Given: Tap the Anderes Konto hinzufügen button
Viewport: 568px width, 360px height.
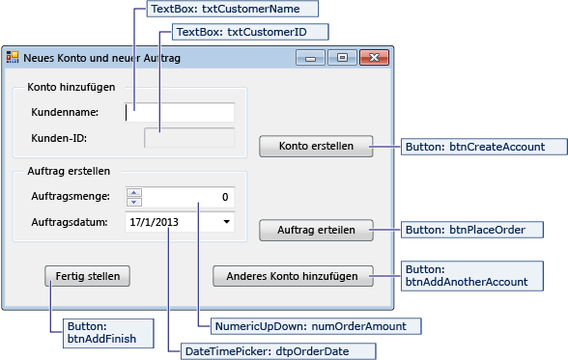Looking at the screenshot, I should click(x=292, y=275).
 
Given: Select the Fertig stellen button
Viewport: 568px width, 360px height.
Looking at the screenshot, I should click(x=87, y=275).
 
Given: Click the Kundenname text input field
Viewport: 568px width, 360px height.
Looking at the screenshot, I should click(x=181, y=112).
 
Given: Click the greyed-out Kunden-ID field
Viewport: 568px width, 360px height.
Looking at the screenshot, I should click(x=188, y=138).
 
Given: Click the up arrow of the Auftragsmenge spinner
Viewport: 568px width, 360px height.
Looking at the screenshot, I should click(x=134, y=192).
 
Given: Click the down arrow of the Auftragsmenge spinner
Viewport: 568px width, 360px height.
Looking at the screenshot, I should click(x=134, y=202).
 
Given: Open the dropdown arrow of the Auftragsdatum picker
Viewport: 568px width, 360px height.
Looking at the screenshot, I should click(x=226, y=222).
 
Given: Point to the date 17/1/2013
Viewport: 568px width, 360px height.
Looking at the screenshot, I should click(x=153, y=222).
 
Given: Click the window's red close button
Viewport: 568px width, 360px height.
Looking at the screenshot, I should click(x=372, y=58).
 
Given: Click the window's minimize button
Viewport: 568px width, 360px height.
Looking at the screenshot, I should click(x=310, y=58).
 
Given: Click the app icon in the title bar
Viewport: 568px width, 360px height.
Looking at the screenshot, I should click(x=13, y=58).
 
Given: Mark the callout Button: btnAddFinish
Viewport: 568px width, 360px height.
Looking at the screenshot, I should click(x=102, y=333).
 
